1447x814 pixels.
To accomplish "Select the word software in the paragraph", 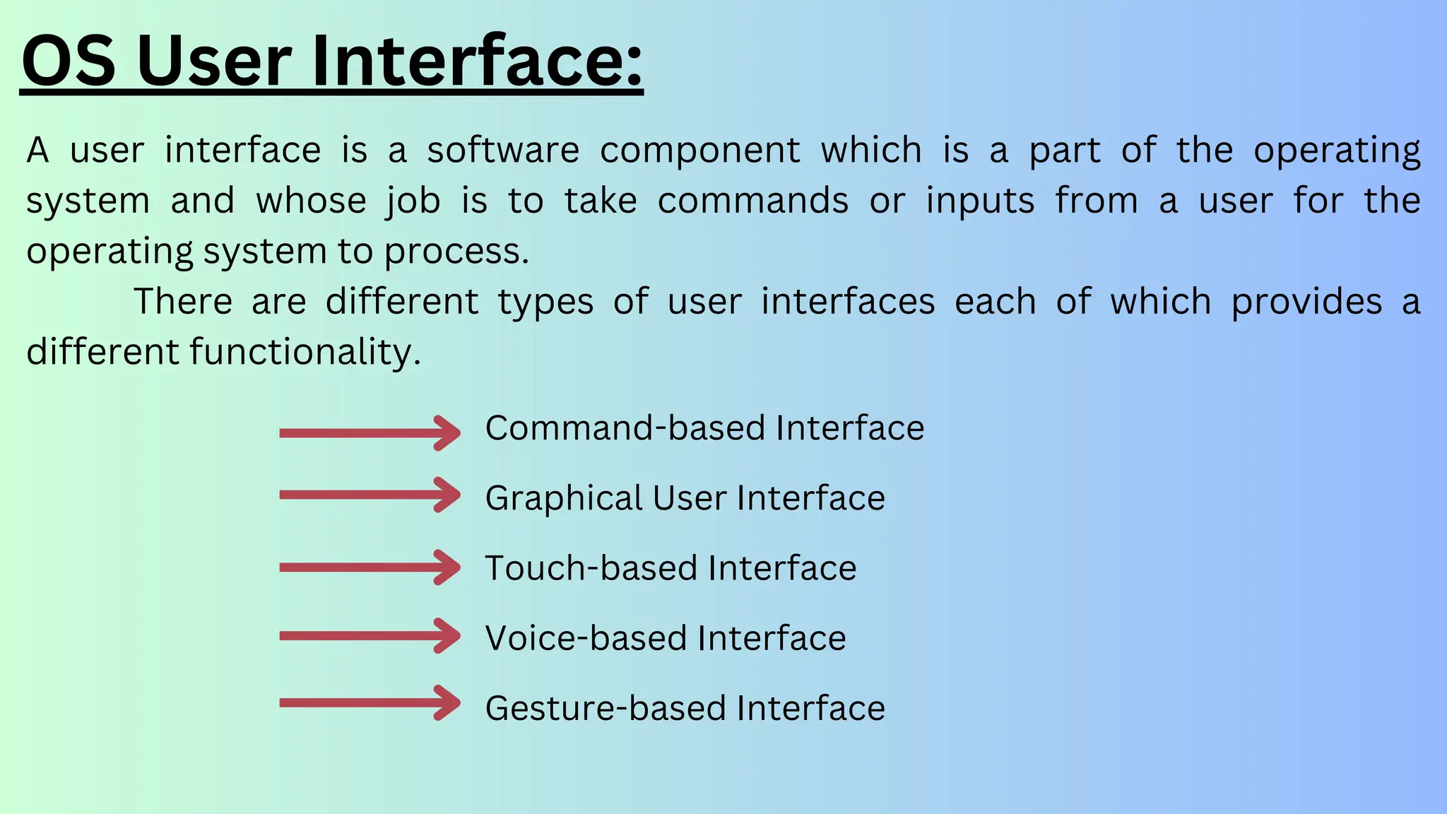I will [503, 151].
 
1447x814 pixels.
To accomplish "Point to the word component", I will [700, 151].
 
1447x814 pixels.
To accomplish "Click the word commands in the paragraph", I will [753, 201].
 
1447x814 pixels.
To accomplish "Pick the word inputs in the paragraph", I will [980, 201].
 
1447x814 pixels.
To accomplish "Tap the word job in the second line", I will [413, 201].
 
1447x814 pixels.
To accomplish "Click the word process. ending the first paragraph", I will [456, 252].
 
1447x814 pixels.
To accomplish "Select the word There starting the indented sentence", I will [183, 302].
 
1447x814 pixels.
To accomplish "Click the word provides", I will [1306, 302].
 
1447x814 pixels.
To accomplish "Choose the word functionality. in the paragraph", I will [305, 352].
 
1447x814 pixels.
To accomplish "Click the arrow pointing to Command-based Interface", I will [370, 432].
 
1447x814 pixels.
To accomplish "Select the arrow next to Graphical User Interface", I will [370, 495].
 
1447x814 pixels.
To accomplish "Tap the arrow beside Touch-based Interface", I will [370, 567].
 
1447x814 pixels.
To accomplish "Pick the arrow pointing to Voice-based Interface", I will [370, 636].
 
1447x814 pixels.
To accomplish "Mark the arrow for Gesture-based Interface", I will [370, 702].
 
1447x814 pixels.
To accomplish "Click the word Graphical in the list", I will [563, 499].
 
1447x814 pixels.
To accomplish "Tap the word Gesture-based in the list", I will [606, 708].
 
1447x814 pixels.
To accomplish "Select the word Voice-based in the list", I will [586, 638].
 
